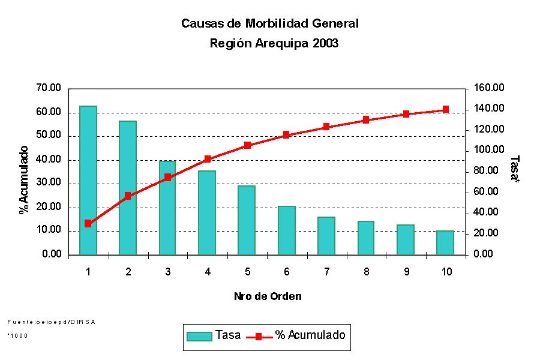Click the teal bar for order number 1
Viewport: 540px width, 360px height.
pos(88,180)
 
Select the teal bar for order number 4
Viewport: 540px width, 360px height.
pos(208,212)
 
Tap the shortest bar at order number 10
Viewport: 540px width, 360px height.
pos(445,242)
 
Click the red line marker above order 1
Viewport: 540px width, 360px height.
pos(88,223)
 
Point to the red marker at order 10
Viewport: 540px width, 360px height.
pos(446,109)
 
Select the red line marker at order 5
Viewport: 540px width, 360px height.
pos(247,145)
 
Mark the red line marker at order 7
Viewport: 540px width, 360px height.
pos(326,127)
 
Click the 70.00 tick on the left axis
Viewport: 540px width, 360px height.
pos(49,88)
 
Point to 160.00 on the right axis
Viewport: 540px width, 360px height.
pos(490,88)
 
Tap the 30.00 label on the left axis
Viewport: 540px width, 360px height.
pos(49,184)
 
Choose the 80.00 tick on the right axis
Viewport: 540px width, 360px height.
pos(490,171)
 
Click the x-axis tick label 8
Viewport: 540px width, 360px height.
pos(366,272)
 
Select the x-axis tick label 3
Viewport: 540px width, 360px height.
pos(168,272)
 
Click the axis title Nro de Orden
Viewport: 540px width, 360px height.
pos(268,296)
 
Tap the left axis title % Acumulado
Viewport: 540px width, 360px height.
pos(24,179)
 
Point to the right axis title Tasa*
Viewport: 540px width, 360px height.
pos(514,169)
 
